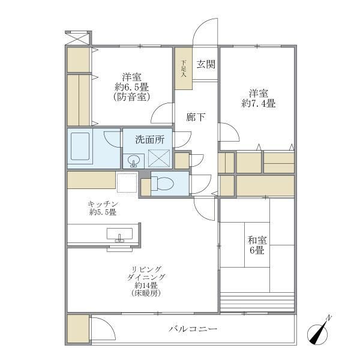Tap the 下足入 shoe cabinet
184,68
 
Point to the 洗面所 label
149,139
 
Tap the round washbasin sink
134,161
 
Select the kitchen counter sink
121,233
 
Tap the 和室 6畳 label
257,245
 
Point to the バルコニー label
193,329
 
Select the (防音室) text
131,97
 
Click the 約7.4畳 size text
259,103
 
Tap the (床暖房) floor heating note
145,294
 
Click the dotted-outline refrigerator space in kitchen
127,182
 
